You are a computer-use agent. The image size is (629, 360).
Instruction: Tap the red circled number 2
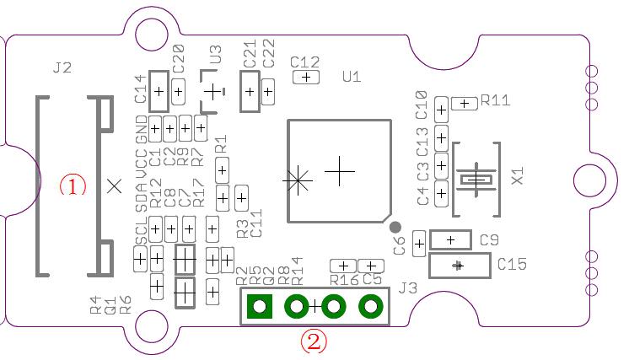[x=314, y=341]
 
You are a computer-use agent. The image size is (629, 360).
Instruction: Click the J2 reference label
[x=62, y=68]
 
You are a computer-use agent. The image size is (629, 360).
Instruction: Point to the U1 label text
[x=352, y=77]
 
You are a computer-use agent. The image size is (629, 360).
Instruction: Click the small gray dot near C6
[x=395, y=227]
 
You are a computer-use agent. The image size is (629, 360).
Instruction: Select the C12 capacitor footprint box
[x=305, y=77]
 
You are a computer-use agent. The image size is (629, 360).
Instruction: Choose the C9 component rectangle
[x=450, y=240]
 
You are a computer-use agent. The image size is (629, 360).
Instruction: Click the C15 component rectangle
[x=460, y=266]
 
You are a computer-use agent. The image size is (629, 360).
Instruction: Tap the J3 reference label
[x=408, y=288]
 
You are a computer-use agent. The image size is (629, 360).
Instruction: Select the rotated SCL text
[x=142, y=233]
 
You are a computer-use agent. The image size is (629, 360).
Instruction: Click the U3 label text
[x=215, y=55]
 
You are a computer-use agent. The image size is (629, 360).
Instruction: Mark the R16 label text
[x=344, y=280]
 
